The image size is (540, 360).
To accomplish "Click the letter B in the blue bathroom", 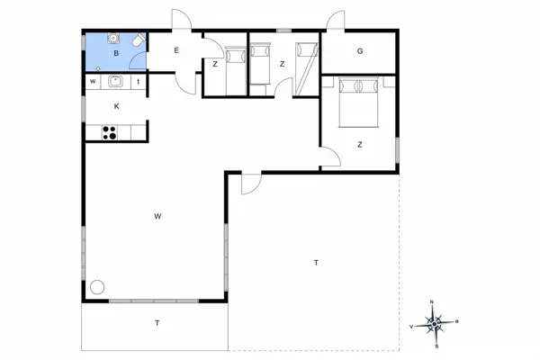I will pos(116,54).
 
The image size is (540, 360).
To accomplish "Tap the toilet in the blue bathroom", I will pos(135,41).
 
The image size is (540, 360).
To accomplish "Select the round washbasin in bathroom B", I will pos(114,39).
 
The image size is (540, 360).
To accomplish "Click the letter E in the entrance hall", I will pos(176,50).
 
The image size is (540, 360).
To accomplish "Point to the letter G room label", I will pos(359,50).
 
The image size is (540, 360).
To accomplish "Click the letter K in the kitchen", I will pos(116,106).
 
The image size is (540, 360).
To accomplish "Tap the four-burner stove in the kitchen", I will pos(110,132).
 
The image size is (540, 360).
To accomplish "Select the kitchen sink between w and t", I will pos(115,82).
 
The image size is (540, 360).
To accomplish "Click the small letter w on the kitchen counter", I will pos(93,82).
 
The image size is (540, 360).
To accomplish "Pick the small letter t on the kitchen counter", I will pos(139,82).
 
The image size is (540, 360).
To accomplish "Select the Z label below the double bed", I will pos(359,144).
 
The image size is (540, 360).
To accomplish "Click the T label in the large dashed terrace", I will pos(316,263).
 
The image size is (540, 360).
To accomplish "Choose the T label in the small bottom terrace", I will pos(157,322).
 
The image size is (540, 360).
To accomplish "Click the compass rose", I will pos(434,321).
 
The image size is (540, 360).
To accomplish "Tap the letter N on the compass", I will pos(433,301).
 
